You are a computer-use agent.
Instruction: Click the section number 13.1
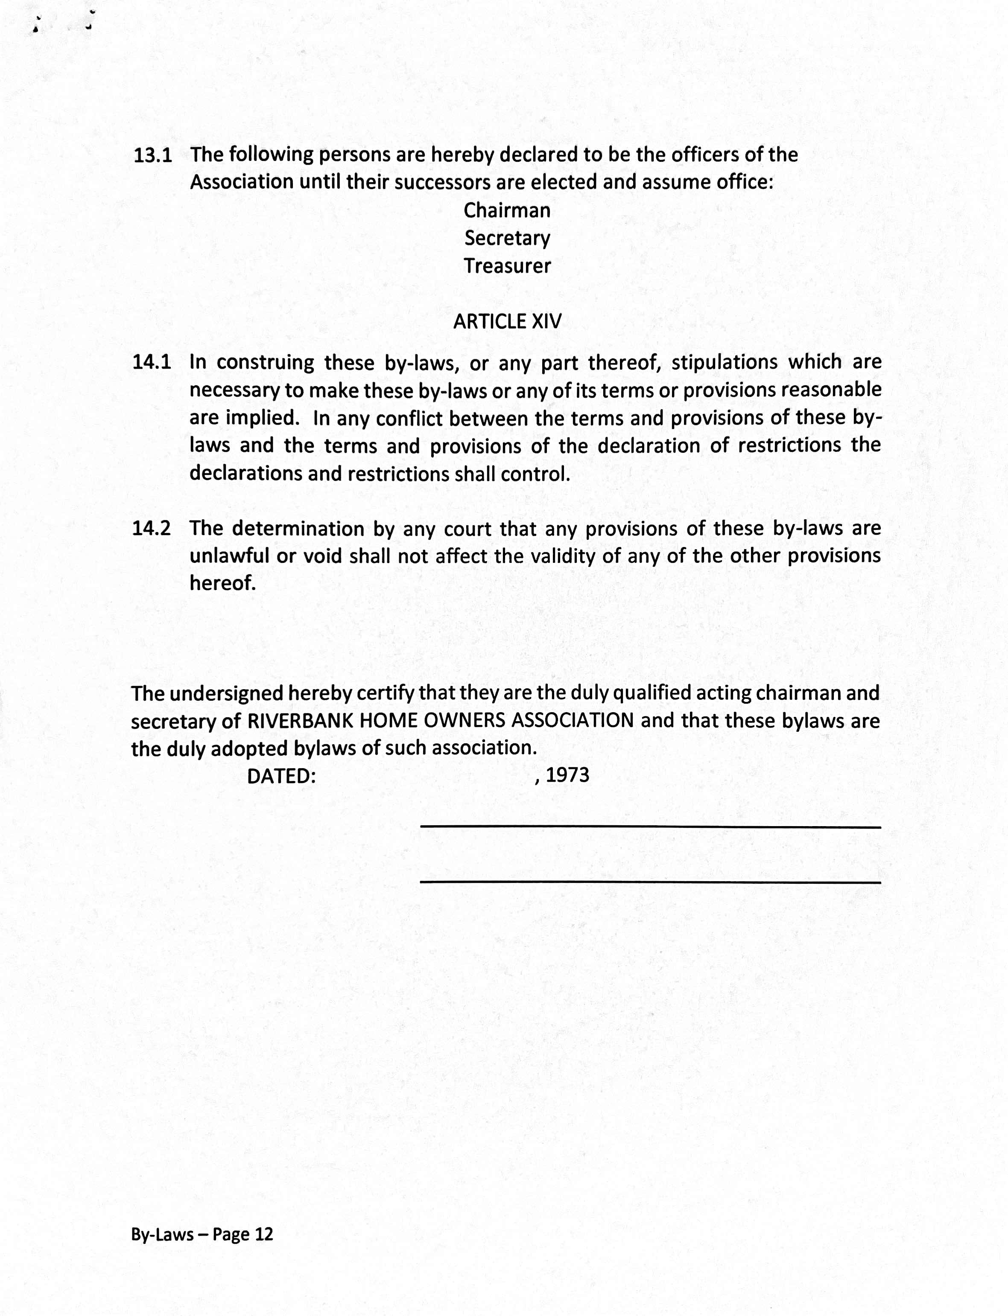tap(152, 156)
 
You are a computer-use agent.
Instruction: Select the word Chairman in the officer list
tap(507, 210)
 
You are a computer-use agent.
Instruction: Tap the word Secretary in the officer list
tap(507, 239)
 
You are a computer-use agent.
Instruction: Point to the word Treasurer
tap(507, 265)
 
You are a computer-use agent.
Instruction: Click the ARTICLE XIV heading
tap(507, 322)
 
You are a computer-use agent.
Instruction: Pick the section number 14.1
tap(152, 362)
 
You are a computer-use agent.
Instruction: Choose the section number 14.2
tap(152, 528)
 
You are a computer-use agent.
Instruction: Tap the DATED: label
tap(281, 776)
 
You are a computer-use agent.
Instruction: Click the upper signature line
tap(650, 827)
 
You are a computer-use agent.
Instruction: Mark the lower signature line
tap(650, 882)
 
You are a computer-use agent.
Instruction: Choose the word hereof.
tap(222, 583)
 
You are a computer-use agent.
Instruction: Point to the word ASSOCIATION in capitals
tap(573, 720)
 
